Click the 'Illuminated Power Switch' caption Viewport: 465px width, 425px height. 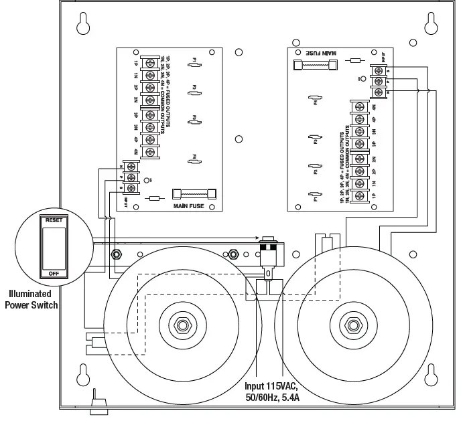(x=31, y=299)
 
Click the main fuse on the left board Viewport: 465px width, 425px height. (x=194, y=193)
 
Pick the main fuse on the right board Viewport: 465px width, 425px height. (x=314, y=66)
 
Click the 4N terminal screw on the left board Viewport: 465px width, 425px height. (x=149, y=152)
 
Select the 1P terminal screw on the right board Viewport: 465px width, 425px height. (x=360, y=196)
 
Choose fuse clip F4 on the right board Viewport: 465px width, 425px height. (x=312, y=100)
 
